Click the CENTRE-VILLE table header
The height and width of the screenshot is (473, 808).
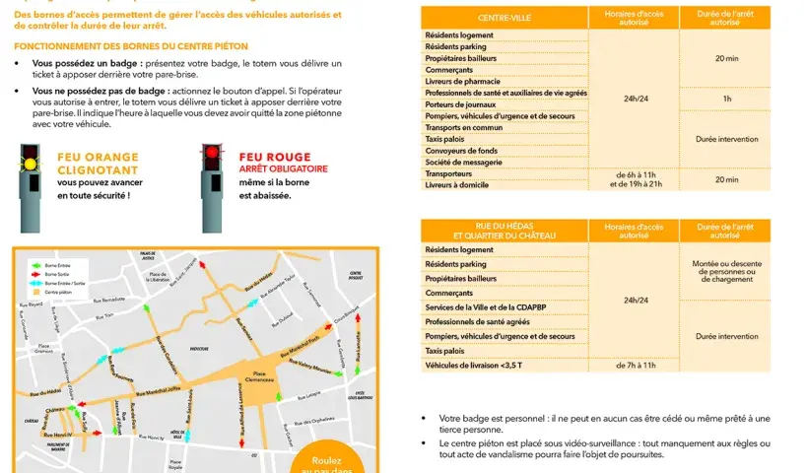(504, 18)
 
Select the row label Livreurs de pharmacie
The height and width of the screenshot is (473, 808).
(463, 81)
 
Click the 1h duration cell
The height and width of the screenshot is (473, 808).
(726, 99)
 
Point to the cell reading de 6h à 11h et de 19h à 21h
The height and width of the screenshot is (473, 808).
(635, 178)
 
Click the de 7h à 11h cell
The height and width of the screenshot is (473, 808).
(635, 365)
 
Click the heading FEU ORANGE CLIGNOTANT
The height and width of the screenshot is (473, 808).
(98, 163)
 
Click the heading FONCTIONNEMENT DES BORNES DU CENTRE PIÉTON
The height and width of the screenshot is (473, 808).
(131, 46)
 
